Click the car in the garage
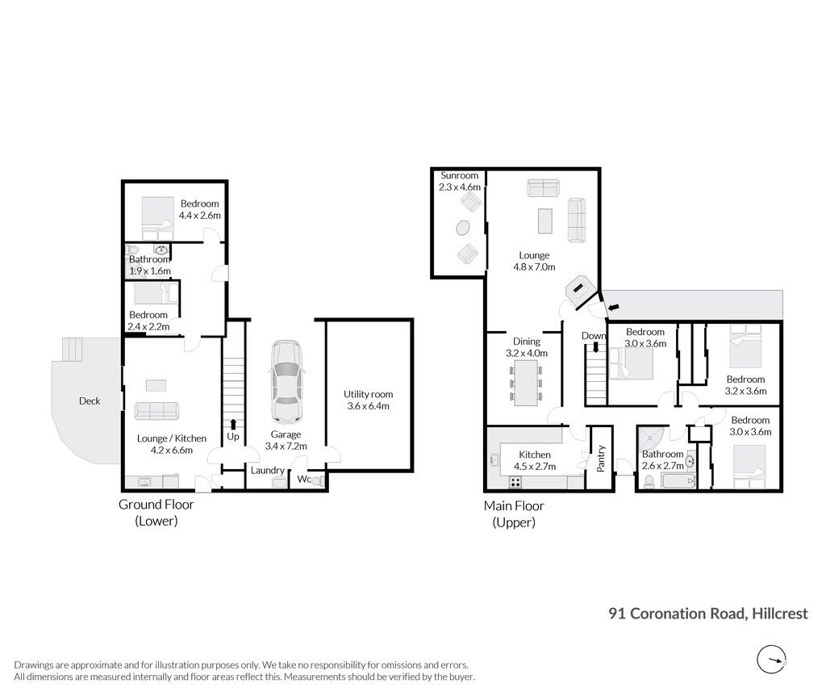[x=286, y=381]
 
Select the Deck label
[x=90, y=400]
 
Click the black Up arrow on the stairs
[x=233, y=425]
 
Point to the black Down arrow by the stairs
[x=596, y=347]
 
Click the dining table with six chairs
[x=526, y=383]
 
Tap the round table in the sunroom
[x=463, y=229]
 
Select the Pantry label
[x=601, y=458]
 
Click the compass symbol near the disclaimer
[x=772, y=659]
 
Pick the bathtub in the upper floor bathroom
[x=678, y=481]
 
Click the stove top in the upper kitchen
[x=515, y=482]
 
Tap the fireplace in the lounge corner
[x=581, y=290]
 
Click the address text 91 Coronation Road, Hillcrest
[x=708, y=614]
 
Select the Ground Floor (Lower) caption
[x=156, y=513]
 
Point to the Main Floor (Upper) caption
[x=514, y=514]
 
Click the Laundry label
[x=268, y=471]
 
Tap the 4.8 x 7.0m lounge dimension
[x=534, y=267]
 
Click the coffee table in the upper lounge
[x=544, y=221]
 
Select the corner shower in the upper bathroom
[x=652, y=441]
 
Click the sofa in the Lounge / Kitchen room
[x=156, y=411]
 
